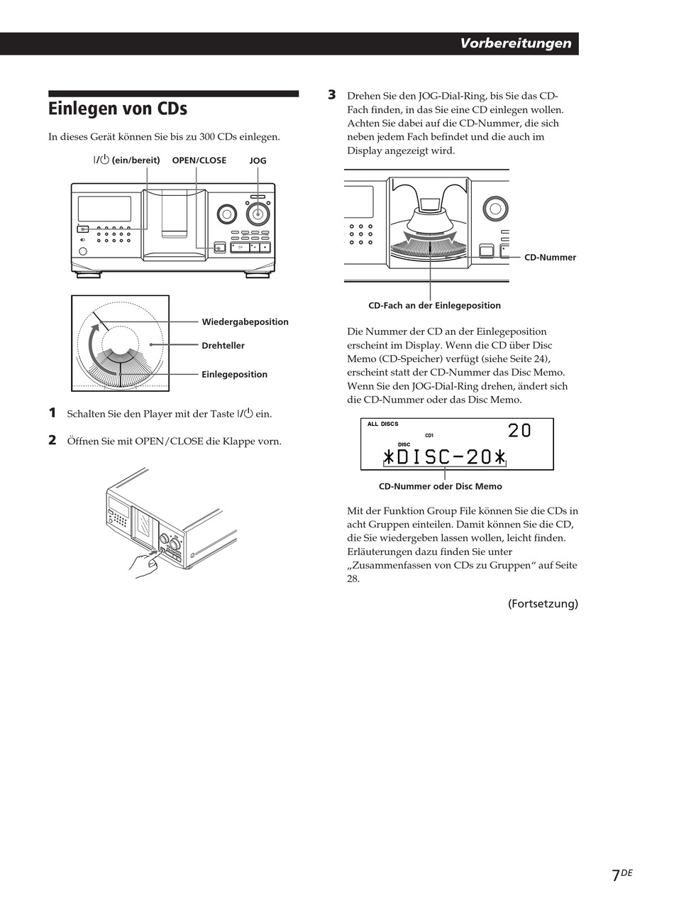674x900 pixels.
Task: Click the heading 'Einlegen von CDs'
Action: coord(118,109)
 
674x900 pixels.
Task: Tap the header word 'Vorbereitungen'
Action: coord(515,43)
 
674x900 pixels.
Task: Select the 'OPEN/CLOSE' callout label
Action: coord(199,160)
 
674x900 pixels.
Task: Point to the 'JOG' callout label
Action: coord(258,161)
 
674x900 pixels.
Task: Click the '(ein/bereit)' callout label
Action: coord(135,160)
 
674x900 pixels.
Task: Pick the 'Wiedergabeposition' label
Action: coord(245,322)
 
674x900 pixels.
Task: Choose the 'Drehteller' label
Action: coord(223,346)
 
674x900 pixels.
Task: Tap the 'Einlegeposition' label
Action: coord(234,375)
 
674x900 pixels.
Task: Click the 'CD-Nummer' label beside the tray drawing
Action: coord(550,258)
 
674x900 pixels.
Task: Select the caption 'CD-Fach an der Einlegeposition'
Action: coord(434,306)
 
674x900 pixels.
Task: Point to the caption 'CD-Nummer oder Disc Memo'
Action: coord(440,487)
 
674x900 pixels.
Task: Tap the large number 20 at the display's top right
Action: coord(519,431)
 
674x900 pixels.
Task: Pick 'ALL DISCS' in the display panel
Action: coord(382,424)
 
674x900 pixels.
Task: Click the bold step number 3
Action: coord(331,94)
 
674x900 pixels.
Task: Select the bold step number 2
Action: coord(52,440)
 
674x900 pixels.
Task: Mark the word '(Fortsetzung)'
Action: coord(543,604)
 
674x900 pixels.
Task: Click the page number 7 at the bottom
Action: coord(616,875)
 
